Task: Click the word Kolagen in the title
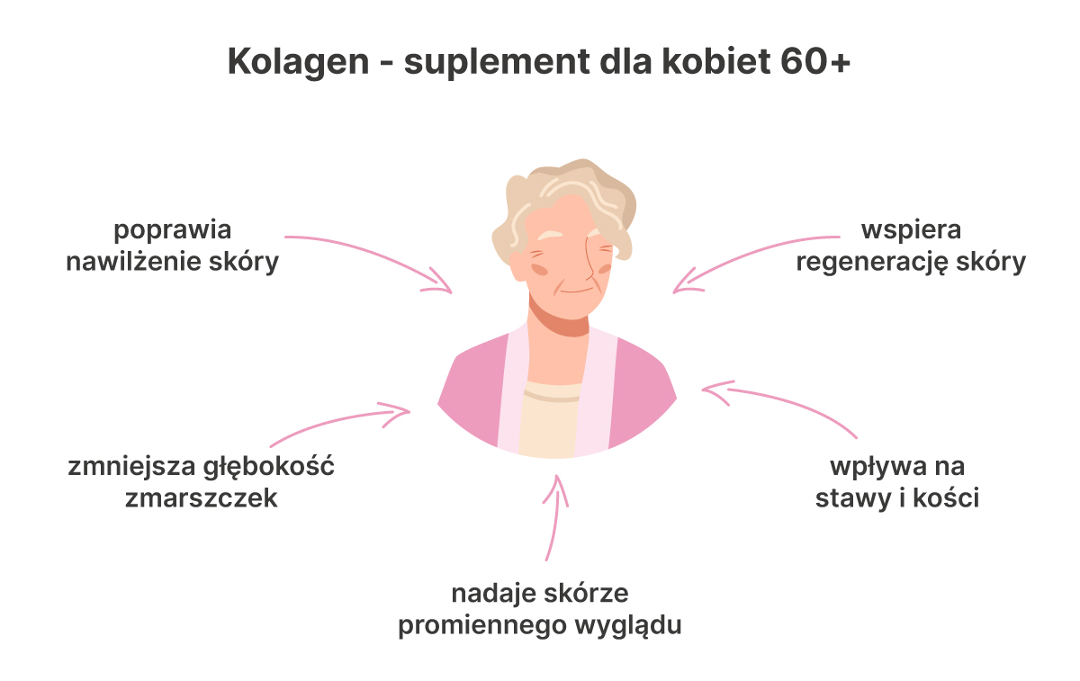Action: [x=299, y=63]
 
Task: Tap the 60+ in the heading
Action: [x=815, y=62]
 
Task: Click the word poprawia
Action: [x=173, y=231]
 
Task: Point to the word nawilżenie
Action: [x=132, y=262]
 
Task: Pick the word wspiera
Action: [x=911, y=231]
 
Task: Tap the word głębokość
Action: [x=268, y=467]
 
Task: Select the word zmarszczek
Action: [x=202, y=498]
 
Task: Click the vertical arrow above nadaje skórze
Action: [x=555, y=518]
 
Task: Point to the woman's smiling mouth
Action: [x=577, y=291]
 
